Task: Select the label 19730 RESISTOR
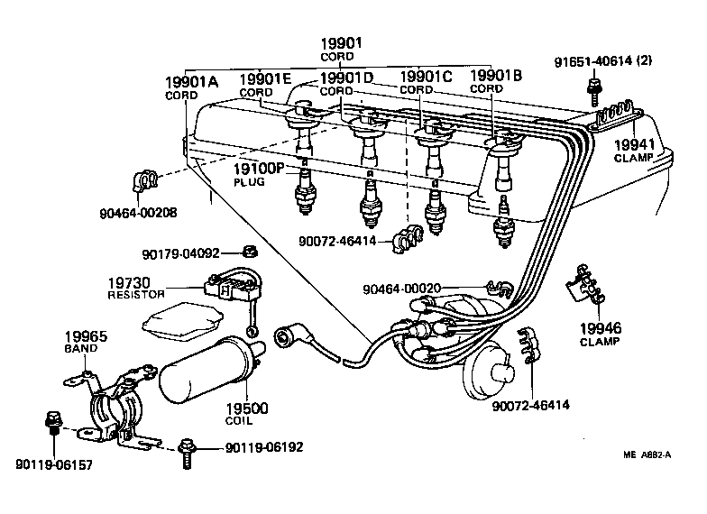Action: (137, 287)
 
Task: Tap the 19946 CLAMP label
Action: (600, 334)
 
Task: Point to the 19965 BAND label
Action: (85, 341)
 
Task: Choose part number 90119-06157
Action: (52, 464)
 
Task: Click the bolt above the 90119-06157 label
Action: (51, 422)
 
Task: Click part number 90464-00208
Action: (137, 213)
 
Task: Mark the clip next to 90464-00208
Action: (146, 180)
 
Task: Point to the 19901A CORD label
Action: (191, 88)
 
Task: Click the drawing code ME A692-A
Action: (646, 456)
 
